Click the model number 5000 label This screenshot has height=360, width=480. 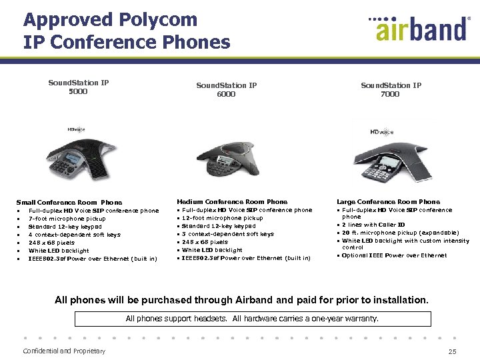coord(78,91)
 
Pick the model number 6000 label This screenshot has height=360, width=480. coord(226,94)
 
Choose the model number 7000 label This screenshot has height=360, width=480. coord(390,94)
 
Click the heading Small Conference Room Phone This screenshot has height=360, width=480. coord(69,202)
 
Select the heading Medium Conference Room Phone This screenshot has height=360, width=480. coord(232,201)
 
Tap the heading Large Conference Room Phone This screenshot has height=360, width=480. coord(388,201)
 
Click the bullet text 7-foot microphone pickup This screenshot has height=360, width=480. coord(67,219)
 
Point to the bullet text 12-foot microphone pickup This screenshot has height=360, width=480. coord(223,218)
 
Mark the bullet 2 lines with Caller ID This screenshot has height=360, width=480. coord(373,225)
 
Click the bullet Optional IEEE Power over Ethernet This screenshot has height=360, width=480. coord(394,255)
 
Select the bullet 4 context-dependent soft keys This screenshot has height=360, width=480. coord(74,235)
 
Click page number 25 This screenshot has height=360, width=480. coord(453,351)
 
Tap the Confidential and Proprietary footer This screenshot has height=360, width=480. coord(64,351)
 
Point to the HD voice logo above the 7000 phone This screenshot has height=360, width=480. coord(382,132)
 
